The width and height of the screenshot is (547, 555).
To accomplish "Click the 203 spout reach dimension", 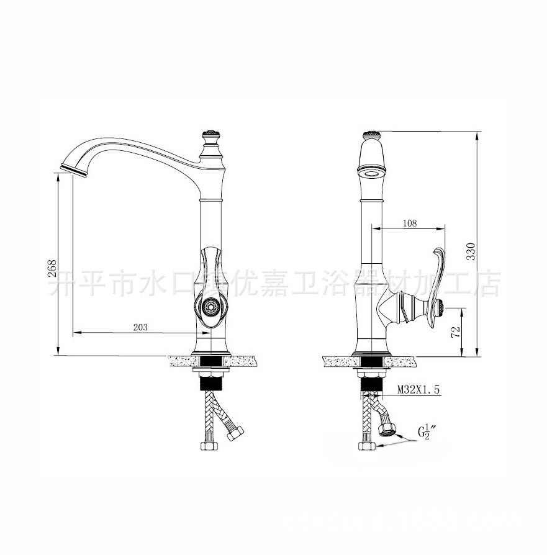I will point(140,328).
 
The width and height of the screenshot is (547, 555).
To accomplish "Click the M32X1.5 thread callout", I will point(418,390).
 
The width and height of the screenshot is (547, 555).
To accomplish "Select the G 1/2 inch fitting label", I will point(426,432).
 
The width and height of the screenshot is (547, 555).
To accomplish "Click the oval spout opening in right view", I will point(371,172).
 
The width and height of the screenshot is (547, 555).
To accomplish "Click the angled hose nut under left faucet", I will point(235,434).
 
